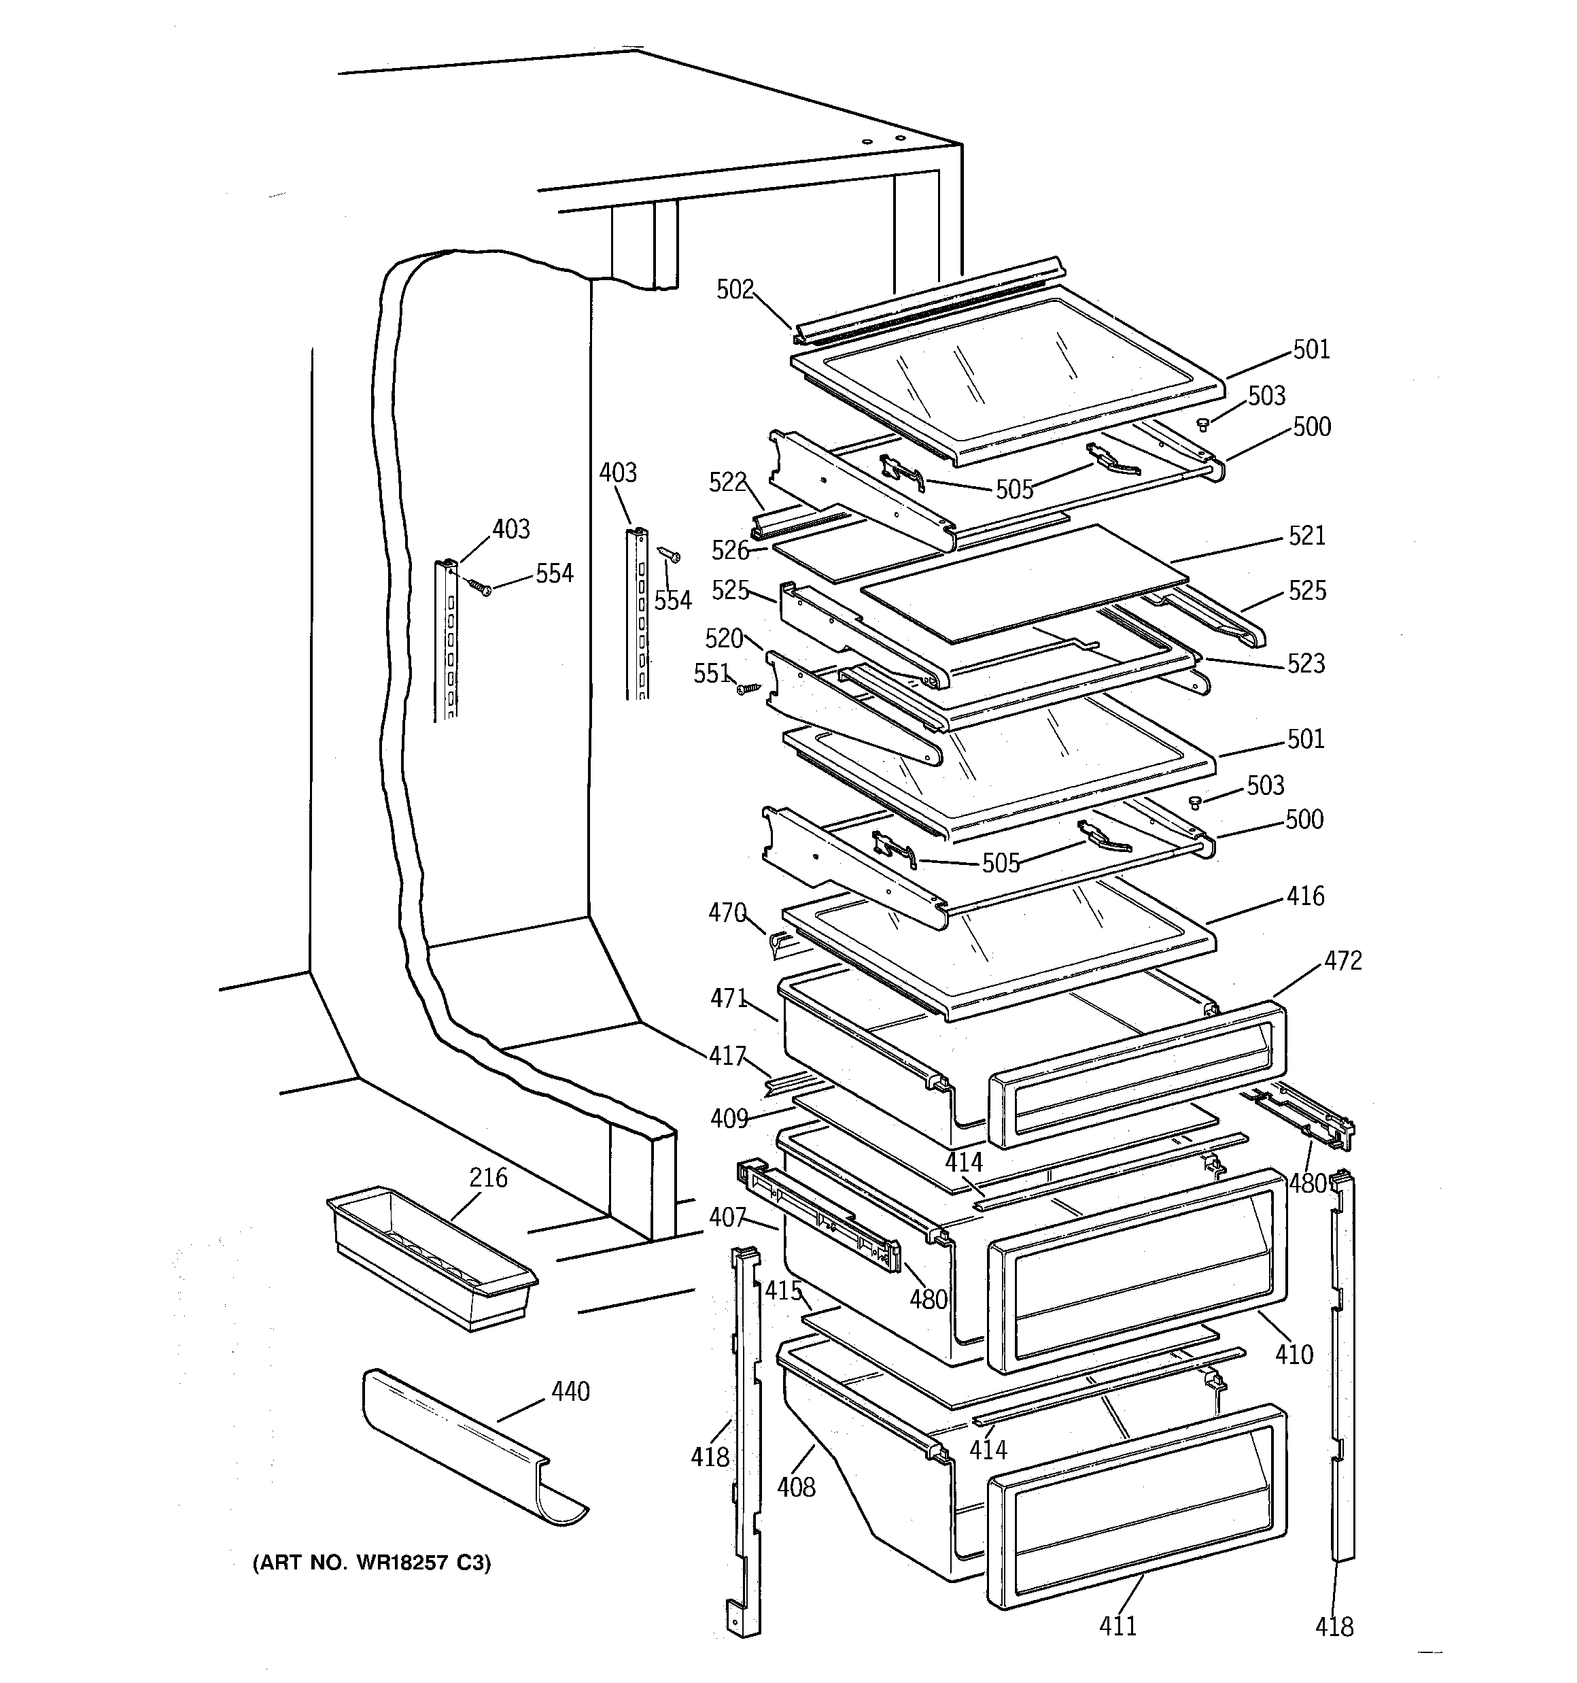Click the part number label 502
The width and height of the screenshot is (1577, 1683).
[x=734, y=290]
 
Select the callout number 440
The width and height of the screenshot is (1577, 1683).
[x=570, y=1391]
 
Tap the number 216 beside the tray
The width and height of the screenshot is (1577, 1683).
[x=489, y=1178]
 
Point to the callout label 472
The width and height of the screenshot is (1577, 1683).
[x=1342, y=961]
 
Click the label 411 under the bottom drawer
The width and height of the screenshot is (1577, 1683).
[x=1117, y=1625]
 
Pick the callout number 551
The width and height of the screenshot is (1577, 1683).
[x=711, y=673]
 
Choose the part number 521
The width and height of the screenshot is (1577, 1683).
[x=1306, y=536]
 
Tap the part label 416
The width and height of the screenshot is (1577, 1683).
[x=1305, y=896]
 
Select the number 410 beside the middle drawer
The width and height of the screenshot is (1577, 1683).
[x=1294, y=1355]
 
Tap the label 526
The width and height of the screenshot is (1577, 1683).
[x=729, y=550]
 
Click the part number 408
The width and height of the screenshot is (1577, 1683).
[x=797, y=1486]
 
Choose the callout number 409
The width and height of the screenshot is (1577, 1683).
[x=729, y=1119]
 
